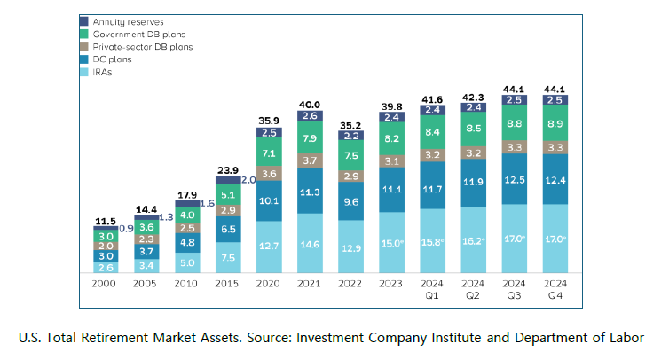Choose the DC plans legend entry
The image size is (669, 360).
(x=112, y=59)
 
